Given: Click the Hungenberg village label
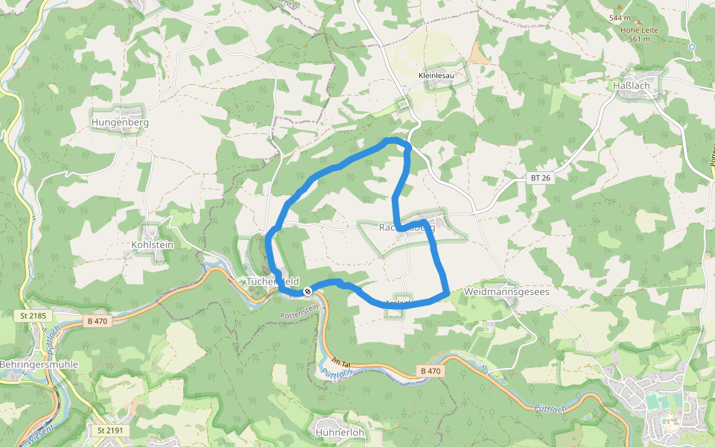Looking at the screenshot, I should pyautogui.click(x=120, y=122).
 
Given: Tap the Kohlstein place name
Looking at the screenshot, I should pyautogui.click(x=152, y=244).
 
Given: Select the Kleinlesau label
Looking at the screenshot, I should pyautogui.click(x=436, y=76).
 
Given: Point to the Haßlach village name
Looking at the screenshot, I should pyautogui.click(x=631, y=86).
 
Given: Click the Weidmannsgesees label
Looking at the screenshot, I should pyautogui.click(x=506, y=292).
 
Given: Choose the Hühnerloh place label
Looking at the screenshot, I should pyautogui.click(x=339, y=432).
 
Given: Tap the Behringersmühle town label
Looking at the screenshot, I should pyautogui.click(x=39, y=364).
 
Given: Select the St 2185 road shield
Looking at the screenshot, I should pyautogui.click(x=33, y=317).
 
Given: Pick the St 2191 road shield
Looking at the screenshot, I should pyautogui.click(x=109, y=431).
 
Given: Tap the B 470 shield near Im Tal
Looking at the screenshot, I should pyautogui.click(x=430, y=370).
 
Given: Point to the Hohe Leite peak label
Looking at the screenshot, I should pyautogui.click(x=639, y=30).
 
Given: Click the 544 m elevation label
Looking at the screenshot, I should pyautogui.click(x=620, y=17).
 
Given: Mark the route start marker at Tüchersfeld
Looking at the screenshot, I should pyautogui.click(x=307, y=291).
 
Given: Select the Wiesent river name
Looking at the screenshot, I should pyautogui.click(x=38, y=436).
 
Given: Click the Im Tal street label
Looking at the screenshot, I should pyautogui.click(x=341, y=360).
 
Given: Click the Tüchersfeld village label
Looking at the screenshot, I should pyautogui.click(x=273, y=282).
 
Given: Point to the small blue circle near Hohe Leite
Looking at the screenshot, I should pyautogui.click(x=692, y=46).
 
